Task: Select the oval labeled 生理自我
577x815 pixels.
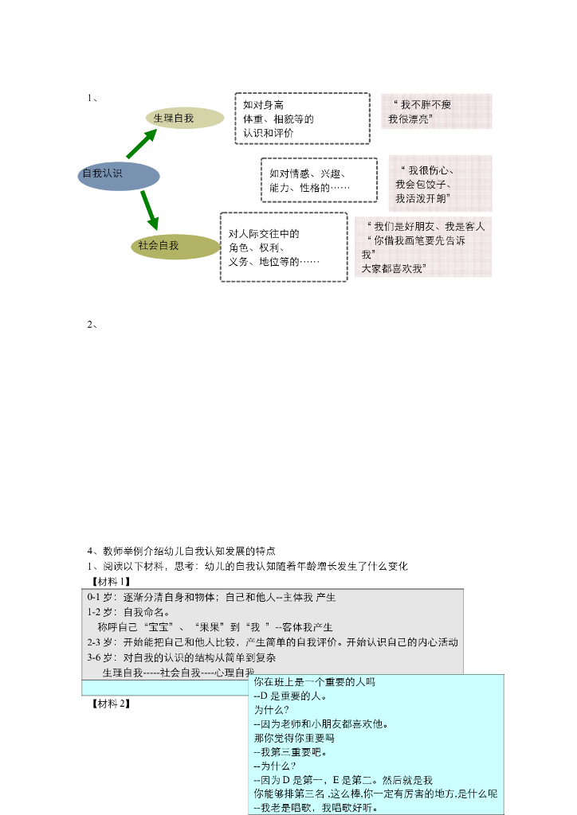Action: coord(184,118)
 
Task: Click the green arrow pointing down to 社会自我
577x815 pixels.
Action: coord(149,211)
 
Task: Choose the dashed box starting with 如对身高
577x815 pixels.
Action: coord(302,119)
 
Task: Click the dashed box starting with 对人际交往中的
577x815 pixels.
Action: coord(283,247)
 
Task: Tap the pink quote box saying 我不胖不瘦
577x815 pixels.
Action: coord(436,111)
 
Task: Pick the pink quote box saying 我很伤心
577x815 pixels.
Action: coord(440,184)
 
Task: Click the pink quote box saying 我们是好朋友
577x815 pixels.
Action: coord(423,247)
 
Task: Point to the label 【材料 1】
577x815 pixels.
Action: coord(111,581)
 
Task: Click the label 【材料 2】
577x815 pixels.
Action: coord(111,704)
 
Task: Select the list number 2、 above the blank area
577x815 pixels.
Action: coord(92,324)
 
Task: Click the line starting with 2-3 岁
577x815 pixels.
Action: coord(273,642)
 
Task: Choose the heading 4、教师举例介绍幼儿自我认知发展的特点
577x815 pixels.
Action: coord(181,551)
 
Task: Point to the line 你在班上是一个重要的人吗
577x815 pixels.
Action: coord(314,683)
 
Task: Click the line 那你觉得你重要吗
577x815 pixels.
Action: coord(294,738)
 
